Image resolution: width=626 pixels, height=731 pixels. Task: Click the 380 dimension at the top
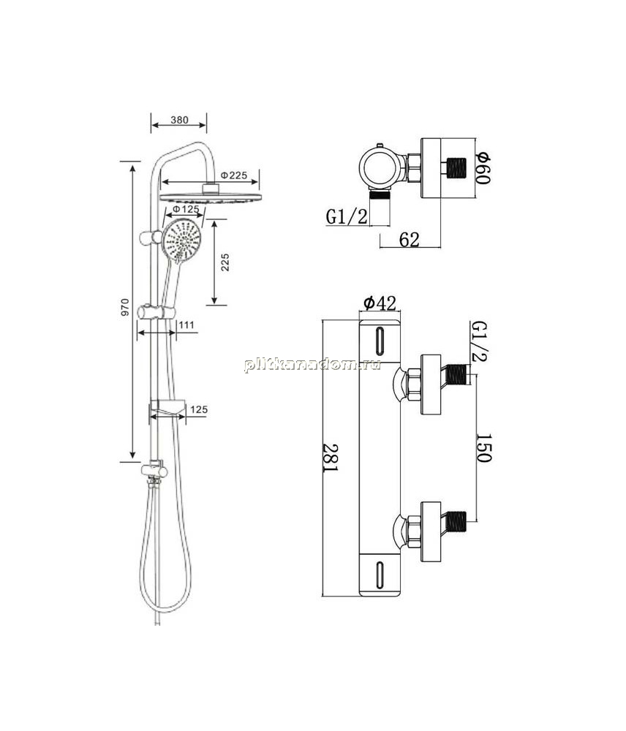point(179,120)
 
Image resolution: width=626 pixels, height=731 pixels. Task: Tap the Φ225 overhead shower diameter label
point(233,175)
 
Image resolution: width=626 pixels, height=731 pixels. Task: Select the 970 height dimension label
point(124,308)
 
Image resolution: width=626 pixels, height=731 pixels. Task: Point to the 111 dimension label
point(186,325)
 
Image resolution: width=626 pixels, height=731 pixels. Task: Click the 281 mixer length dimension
point(331,458)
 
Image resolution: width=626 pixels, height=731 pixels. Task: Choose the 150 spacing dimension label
point(483,447)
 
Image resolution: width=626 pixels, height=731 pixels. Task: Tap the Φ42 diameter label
point(380,303)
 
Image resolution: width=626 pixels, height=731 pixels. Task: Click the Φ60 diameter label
point(483,167)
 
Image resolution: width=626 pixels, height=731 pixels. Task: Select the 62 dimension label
point(410,240)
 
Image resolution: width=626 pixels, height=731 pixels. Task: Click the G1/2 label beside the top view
point(347,217)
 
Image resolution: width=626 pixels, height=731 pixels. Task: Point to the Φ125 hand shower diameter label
point(186,209)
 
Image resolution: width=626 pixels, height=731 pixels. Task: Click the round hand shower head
point(182,241)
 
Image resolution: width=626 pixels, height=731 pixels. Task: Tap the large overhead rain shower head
point(210,197)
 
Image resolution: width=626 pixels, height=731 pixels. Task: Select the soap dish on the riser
point(167,409)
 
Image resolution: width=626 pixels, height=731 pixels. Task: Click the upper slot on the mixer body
point(380,341)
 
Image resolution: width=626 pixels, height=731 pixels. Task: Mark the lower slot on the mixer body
point(380,575)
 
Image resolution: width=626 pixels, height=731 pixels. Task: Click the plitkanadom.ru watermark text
point(312,365)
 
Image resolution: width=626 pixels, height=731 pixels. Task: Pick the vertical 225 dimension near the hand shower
point(225,262)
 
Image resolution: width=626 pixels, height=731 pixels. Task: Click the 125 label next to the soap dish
point(199,410)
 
